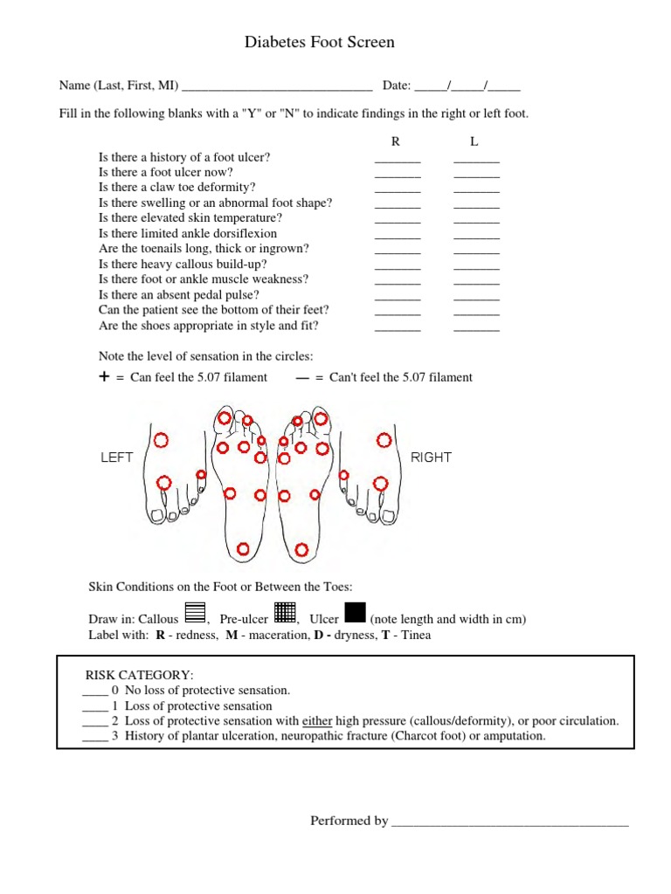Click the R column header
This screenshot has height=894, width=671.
click(x=395, y=141)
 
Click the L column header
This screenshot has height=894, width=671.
click(x=474, y=141)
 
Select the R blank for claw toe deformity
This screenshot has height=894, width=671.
click(x=398, y=189)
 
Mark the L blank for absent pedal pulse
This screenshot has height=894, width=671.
click(x=476, y=296)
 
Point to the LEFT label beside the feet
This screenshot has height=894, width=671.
click(x=117, y=457)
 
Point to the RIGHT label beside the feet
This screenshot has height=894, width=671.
click(x=431, y=457)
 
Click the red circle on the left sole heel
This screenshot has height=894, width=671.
click(x=244, y=548)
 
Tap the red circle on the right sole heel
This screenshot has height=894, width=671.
click(x=301, y=550)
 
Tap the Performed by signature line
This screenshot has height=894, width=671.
click(x=509, y=822)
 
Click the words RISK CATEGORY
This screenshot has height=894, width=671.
click(x=139, y=675)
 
